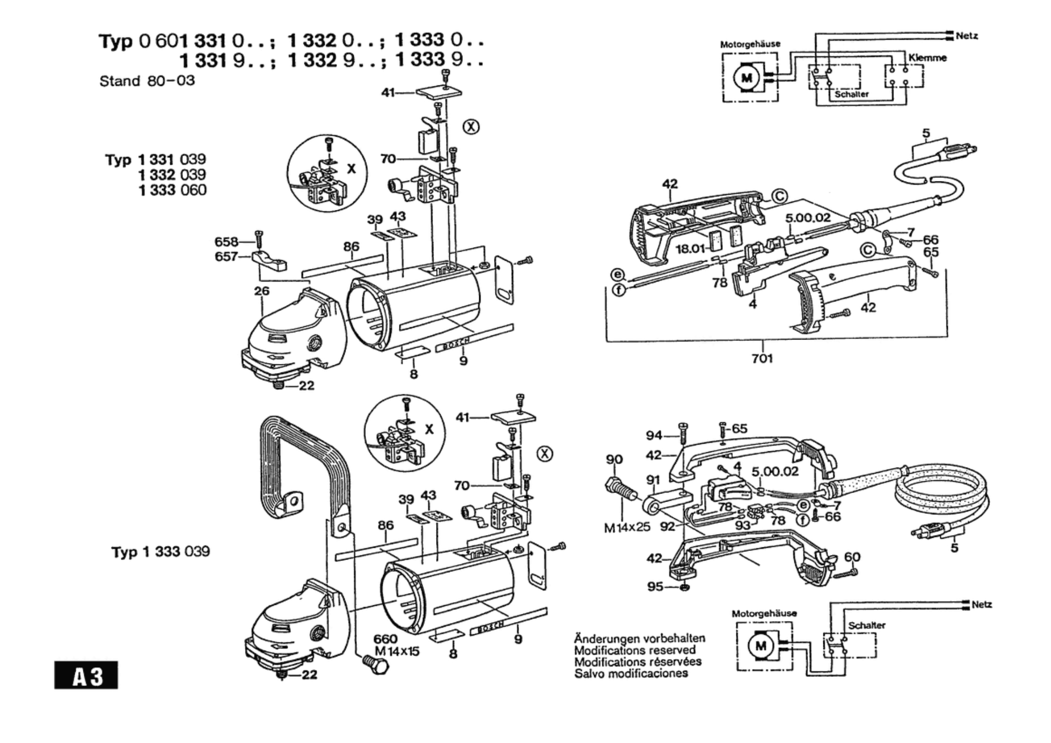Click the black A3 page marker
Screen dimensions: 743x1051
86,675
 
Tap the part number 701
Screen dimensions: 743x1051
762,359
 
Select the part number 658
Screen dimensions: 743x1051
226,242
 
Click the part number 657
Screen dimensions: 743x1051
226,257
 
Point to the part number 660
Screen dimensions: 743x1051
386,639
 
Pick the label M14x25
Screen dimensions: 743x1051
627,527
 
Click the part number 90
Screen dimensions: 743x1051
614,459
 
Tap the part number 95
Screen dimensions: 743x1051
655,587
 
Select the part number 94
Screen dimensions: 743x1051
654,435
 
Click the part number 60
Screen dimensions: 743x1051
852,557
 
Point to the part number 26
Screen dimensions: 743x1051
262,291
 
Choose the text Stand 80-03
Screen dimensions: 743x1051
147,81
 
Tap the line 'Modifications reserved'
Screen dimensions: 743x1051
635,650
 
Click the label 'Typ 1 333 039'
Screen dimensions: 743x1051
161,551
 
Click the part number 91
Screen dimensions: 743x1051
653,480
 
